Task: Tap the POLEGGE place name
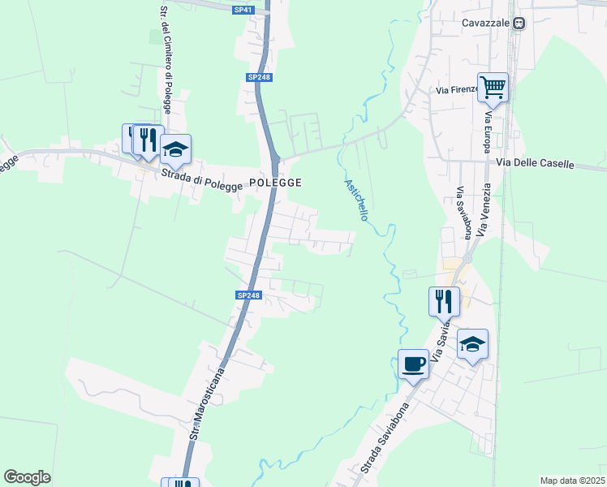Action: pos(275,183)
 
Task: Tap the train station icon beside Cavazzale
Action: pos(518,24)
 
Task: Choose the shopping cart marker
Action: pos(493,87)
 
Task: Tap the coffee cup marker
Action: pos(413,362)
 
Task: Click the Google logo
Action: pos(27,477)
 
